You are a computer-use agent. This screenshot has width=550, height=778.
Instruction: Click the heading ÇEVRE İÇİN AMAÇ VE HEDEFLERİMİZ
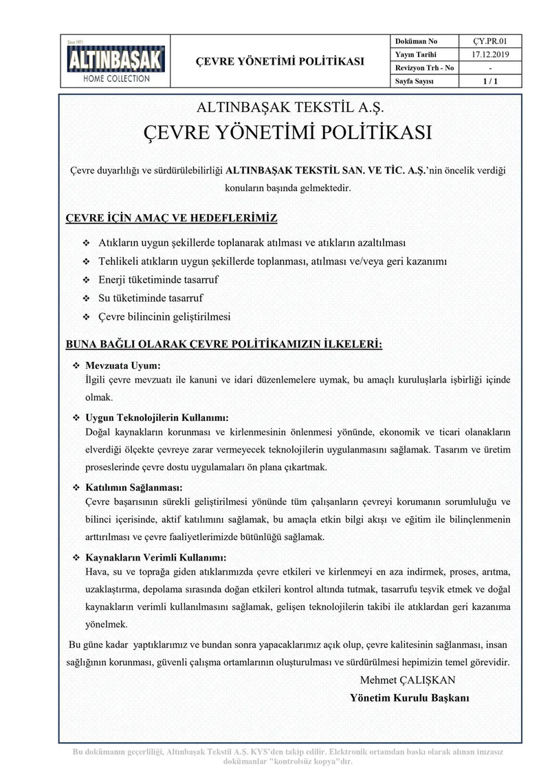(x=171, y=219)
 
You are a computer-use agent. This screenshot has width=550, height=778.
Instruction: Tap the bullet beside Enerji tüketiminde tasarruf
(x=87, y=281)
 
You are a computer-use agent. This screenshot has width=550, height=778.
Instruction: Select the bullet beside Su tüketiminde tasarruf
(x=87, y=299)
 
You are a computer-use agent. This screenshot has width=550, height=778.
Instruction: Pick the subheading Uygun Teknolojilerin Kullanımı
(x=156, y=418)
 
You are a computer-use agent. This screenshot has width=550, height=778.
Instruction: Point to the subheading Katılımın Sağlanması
(x=137, y=488)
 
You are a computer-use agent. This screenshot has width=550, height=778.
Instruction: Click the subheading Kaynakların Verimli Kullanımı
(x=155, y=558)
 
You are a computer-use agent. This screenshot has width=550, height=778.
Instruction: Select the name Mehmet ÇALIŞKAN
(x=407, y=680)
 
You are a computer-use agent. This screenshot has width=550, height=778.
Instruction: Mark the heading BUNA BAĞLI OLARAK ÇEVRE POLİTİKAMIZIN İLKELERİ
(x=224, y=344)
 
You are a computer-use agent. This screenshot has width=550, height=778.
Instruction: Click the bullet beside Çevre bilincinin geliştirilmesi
(x=87, y=318)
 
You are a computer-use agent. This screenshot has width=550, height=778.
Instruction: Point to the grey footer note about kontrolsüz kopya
(x=289, y=757)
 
